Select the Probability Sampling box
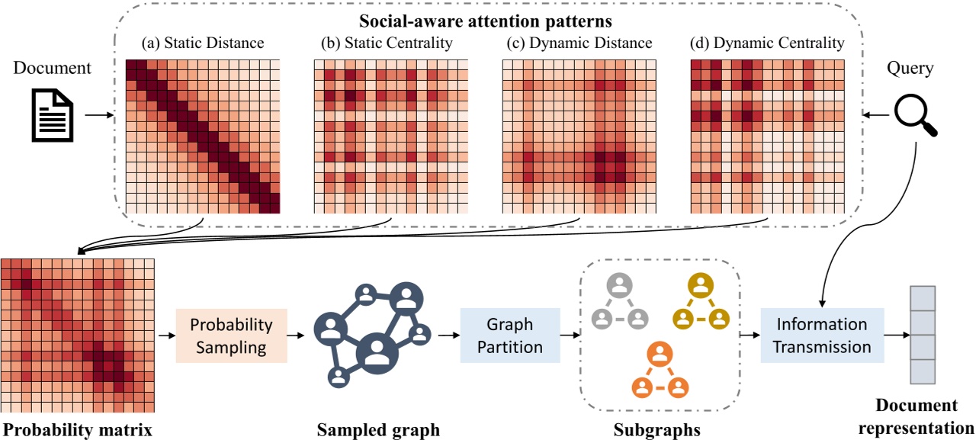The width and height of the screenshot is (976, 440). tap(231, 335)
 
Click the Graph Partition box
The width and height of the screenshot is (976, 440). tap(510, 335)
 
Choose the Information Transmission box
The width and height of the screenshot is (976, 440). tap(821, 335)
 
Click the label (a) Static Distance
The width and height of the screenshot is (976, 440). tap(202, 43)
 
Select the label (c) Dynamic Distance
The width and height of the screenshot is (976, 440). tap(579, 43)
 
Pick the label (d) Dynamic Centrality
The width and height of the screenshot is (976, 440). tap(767, 43)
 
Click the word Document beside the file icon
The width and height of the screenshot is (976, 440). tap(53, 68)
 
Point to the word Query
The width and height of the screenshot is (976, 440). tap(910, 68)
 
